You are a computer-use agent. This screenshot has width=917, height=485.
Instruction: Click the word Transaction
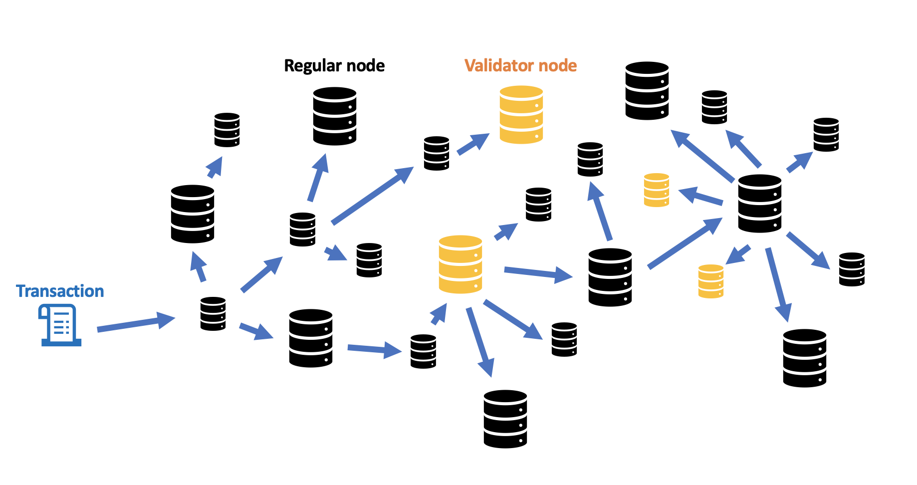pos(60,291)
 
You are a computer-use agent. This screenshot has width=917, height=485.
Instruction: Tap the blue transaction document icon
pos(60,325)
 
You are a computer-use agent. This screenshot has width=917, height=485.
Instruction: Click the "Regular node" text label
pos(334,66)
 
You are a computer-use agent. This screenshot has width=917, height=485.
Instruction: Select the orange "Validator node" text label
pos(520,66)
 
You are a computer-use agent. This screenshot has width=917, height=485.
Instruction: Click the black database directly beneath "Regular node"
pos(334,116)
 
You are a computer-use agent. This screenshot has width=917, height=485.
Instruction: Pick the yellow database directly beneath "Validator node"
pos(521,115)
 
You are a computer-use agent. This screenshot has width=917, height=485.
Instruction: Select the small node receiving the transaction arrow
pos(213,314)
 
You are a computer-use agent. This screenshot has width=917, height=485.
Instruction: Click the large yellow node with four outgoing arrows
pos(460,264)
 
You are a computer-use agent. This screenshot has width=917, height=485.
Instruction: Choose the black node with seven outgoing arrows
pos(759,203)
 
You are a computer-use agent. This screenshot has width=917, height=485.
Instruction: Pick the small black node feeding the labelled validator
pos(437,153)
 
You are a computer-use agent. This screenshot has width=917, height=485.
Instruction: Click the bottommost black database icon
pos(505,419)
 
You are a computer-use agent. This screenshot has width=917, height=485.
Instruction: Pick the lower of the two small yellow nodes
pos(710,281)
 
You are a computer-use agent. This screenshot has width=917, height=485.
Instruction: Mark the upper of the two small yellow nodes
pos(656,190)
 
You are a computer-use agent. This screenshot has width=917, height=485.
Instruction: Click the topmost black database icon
pos(647,91)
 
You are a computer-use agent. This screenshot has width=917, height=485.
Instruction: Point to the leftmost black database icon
pos(193,214)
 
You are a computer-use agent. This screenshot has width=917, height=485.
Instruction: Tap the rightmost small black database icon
pos(852,269)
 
